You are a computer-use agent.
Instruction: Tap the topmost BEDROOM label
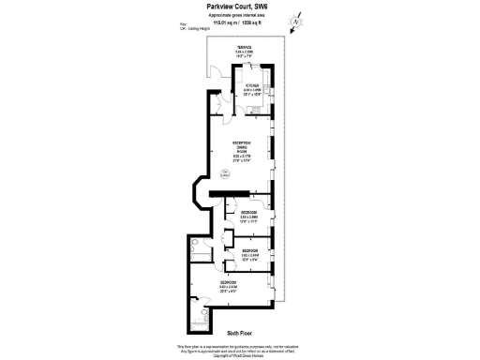point(248,212)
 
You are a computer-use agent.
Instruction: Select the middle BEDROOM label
point(250,250)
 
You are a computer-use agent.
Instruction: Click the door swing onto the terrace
point(215,70)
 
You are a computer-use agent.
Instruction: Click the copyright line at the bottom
point(240,356)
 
